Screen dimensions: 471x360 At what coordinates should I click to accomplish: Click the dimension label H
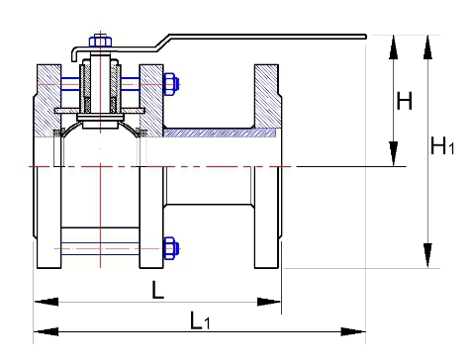click(405, 101)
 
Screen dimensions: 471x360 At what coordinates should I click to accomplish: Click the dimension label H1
click(442, 145)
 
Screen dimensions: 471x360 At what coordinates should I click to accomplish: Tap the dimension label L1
click(200, 320)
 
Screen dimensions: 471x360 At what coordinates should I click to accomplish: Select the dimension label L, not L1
click(157, 290)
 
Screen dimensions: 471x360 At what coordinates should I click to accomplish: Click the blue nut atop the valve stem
click(101, 42)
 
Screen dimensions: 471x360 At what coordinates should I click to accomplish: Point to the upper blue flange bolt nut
click(171, 84)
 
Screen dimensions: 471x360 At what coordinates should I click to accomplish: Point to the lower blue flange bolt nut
click(171, 248)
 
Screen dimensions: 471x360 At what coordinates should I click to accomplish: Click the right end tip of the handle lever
click(365, 37)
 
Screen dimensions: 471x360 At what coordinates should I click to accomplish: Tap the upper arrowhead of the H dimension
click(393, 46)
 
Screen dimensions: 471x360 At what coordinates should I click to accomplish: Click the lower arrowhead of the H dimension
click(393, 153)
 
